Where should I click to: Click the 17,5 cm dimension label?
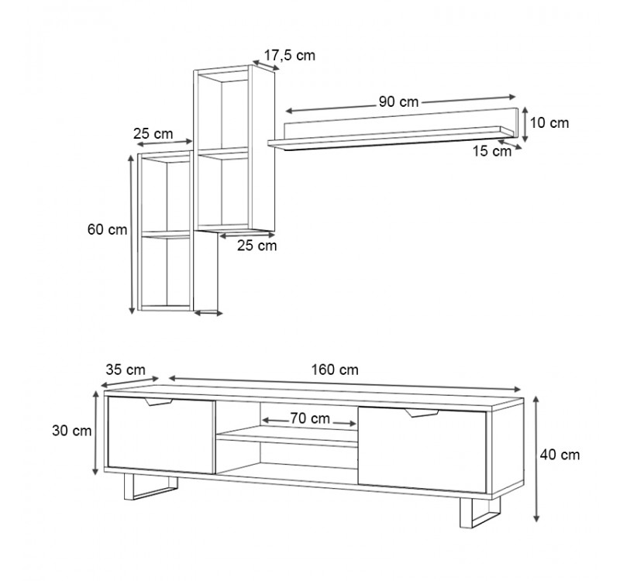click(290, 55)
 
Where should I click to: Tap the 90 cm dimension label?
click(398, 101)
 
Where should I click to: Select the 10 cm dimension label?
click(549, 123)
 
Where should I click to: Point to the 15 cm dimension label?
click(492, 151)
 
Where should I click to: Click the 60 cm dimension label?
click(107, 229)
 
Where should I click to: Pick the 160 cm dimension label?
click(335, 370)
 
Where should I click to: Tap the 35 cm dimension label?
click(126, 370)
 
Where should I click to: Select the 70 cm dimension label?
click(310, 418)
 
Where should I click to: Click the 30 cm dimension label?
click(71, 431)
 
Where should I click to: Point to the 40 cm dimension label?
click(560, 455)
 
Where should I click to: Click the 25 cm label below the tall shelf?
click(257, 246)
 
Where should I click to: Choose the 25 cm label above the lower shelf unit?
click(153, 133)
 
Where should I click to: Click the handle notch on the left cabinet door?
click(159, 402)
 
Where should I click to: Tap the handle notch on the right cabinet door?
click(422, 413)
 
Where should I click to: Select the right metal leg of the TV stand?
click(480, 512)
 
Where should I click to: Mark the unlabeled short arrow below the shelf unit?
click(208, 313)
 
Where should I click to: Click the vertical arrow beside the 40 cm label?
click(536, 459)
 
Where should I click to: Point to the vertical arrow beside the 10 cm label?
click(525, 124)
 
